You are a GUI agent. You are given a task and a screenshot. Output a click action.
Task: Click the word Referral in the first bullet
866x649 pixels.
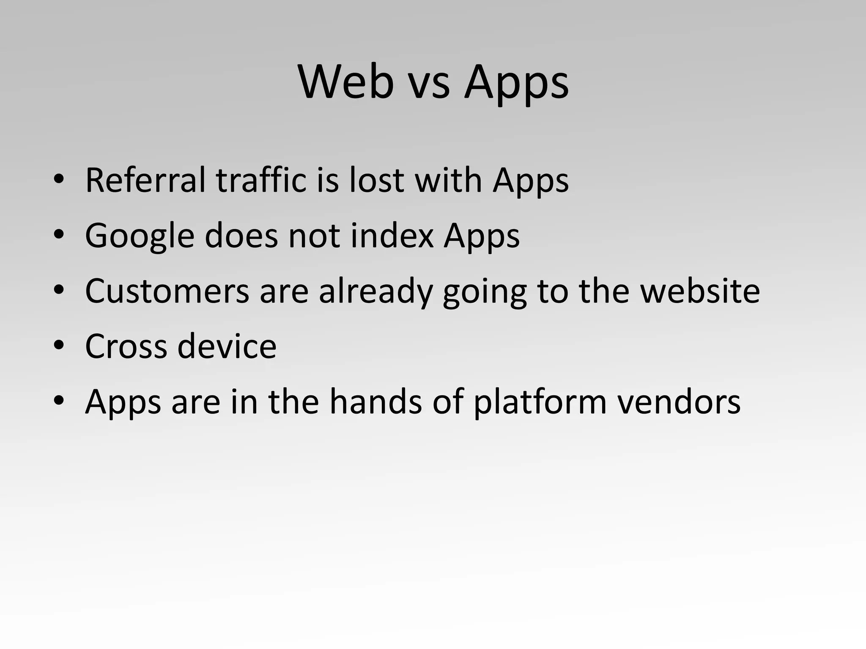point(145,180)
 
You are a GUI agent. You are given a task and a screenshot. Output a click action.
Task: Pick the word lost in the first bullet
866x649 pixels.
point(376,180)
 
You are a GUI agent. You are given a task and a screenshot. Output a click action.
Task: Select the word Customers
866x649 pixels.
point(167,291)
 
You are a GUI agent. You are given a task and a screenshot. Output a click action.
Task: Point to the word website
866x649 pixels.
point(700,291)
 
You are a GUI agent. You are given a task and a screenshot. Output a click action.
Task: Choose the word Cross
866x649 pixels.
point(126,346)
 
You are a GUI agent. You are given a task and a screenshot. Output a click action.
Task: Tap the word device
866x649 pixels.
point(227,346)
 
